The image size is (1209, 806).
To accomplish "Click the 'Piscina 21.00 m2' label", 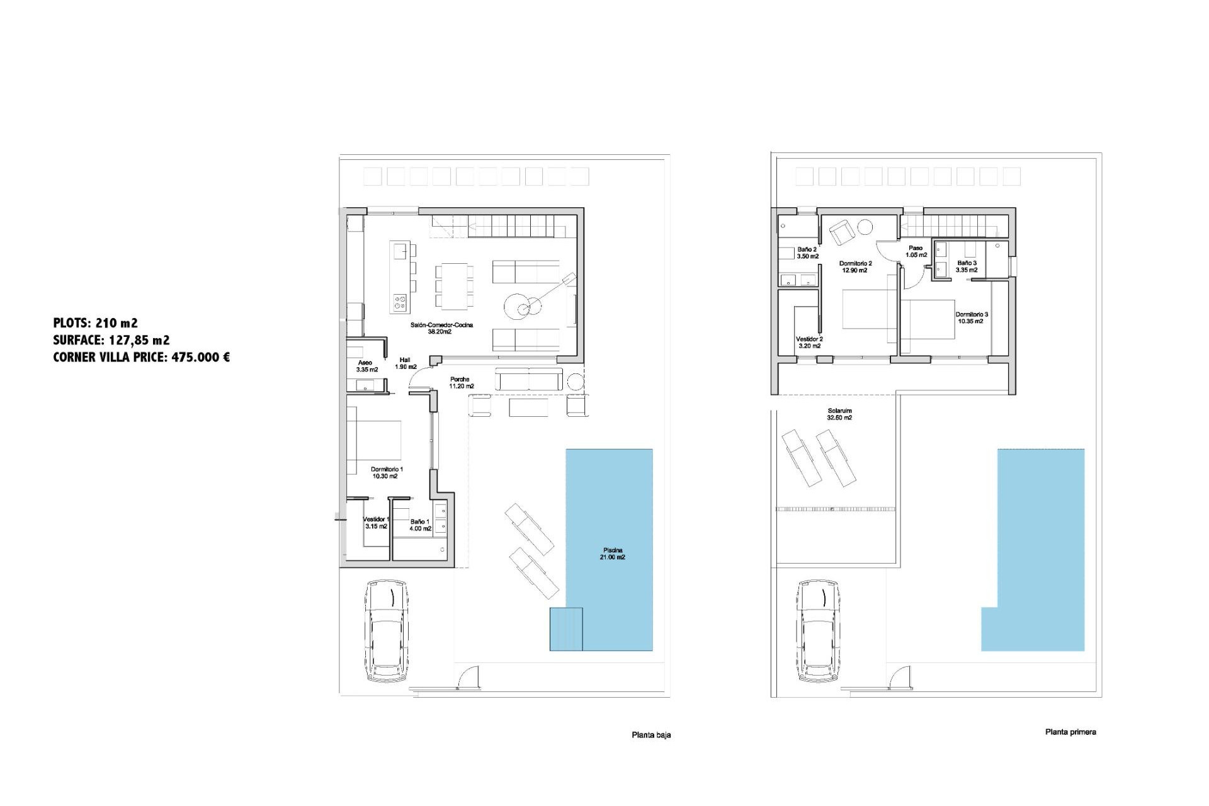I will point(613,553).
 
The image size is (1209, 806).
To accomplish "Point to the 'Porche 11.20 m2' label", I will point(461,383).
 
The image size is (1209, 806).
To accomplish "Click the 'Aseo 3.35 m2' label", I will point(366,366).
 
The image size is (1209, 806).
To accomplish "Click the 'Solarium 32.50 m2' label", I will point(839,414).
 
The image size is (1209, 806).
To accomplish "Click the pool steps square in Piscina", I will point(566,628).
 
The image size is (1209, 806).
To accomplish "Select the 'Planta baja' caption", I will point(651,735).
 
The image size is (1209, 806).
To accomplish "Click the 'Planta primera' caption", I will point(1070,732).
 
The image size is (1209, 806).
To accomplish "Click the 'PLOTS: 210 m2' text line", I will point(95,323).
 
